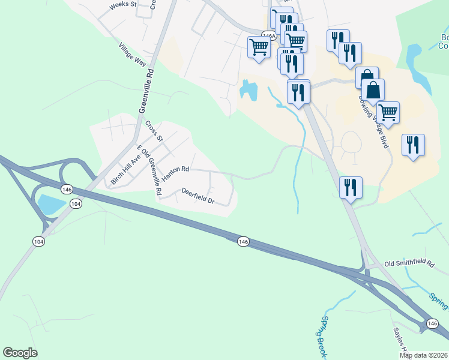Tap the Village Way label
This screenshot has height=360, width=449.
point(133,54)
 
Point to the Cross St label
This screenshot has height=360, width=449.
point(154,130)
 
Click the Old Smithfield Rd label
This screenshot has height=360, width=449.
point(409,263)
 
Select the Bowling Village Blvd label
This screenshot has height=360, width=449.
point(374,121)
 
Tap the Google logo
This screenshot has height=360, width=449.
point(20,353)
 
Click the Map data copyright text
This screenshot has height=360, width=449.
point(424,355)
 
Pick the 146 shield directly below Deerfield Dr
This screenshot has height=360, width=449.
point(243,241)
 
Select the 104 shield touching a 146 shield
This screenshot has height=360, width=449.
point(76,204)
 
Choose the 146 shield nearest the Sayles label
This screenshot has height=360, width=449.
point(432,323)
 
